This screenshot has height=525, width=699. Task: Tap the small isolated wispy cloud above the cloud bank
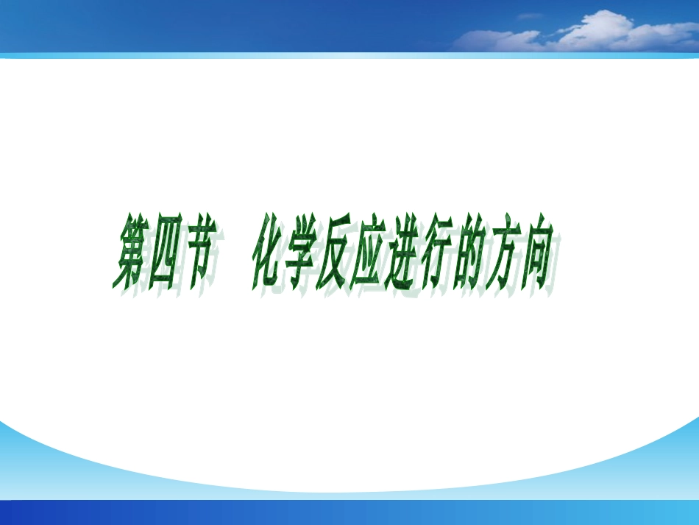tap(530, 15)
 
